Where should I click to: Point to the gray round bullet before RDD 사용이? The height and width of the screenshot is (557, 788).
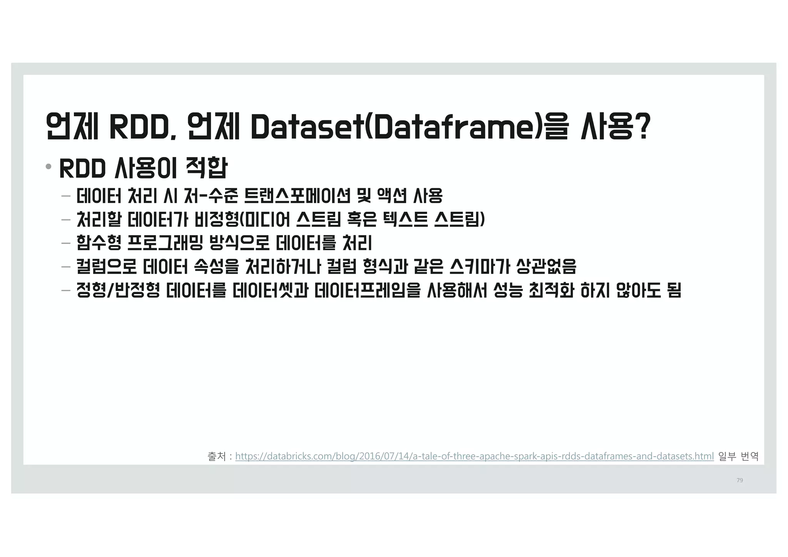[x=48, y=167]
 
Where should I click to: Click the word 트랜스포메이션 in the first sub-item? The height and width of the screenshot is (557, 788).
[x=297, y=196]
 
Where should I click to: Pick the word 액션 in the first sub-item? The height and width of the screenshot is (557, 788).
[x=391, y=196]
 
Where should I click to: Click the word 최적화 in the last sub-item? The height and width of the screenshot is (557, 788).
[x=551, y=291]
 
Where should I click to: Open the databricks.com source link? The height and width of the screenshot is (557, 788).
[x=474, y=457]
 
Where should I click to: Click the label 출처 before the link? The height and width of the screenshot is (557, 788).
[x=216, y=457]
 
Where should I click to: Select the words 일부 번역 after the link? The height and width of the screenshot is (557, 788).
[x=738, y=457]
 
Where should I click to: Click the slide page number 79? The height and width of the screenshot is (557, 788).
[x=740, y=480]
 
